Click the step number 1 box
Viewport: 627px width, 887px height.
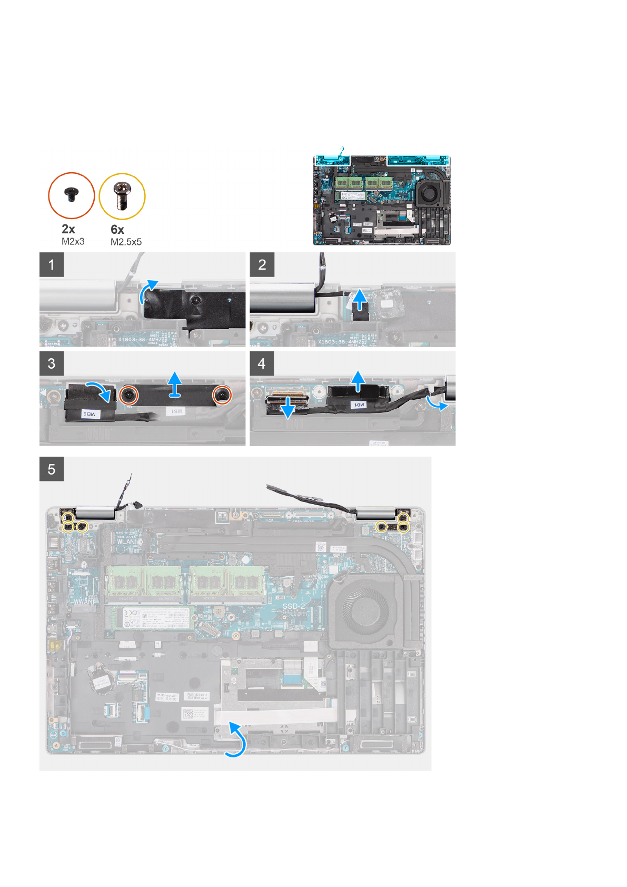(52, 264)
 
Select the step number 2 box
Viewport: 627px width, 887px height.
(262, 264)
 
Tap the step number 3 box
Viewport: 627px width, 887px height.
(52, 363)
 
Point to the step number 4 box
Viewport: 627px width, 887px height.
(262, 363)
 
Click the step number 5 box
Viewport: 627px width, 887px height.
(52, 469)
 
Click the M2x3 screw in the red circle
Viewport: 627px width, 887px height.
(71, 195)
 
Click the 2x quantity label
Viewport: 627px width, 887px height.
(68, 229)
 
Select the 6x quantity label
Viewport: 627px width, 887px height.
(117, 230)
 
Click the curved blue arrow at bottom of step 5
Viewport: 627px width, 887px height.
(236, 740)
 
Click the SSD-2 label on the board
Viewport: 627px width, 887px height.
(294, 606)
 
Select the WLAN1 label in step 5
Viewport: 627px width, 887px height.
(127, 541)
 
